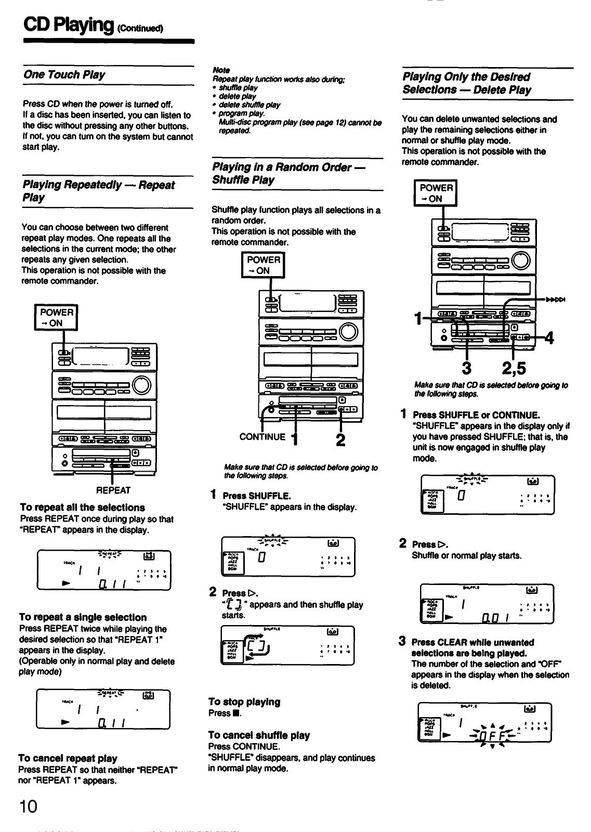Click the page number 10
click(29, 807)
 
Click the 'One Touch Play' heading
click(64, 75)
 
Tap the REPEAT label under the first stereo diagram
click(113, 490)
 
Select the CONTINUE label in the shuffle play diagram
click(262, 437)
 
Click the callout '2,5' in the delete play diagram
click(514, 368)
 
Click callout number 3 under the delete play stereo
click(466, 368)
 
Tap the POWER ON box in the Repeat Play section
click(56, 317)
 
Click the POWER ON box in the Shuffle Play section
click(264, 265)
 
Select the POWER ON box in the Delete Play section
click(435, 193)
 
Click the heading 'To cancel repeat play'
click(68, 758)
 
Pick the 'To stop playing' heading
click(244, 702)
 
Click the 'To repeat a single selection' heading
click(83, 617)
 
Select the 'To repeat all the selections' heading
click(82, 508)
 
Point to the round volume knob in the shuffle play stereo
click(349, 331)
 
